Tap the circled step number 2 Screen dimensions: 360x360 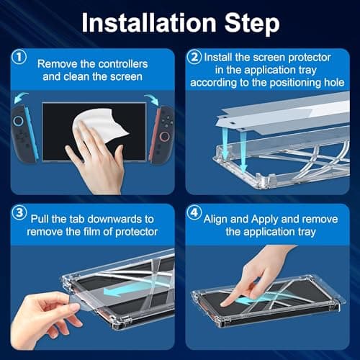(194, 55)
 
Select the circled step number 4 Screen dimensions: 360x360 (194, 214)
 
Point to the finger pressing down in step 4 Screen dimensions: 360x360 (245, 281)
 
